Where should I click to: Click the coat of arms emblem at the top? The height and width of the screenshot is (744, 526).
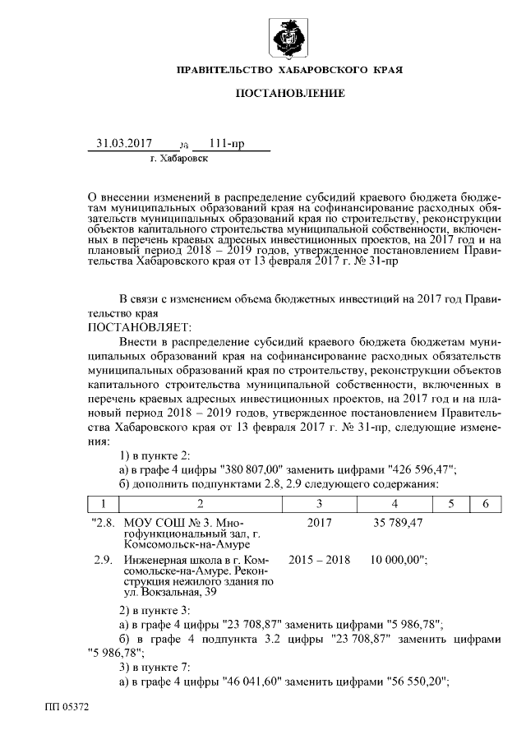(289, 38)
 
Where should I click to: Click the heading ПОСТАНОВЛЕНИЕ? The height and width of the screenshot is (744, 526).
(290, 94)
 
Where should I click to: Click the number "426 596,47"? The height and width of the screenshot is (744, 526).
(418, 469)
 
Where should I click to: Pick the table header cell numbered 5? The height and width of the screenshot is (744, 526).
(451, 503)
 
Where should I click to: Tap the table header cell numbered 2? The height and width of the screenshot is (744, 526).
(200, 503)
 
